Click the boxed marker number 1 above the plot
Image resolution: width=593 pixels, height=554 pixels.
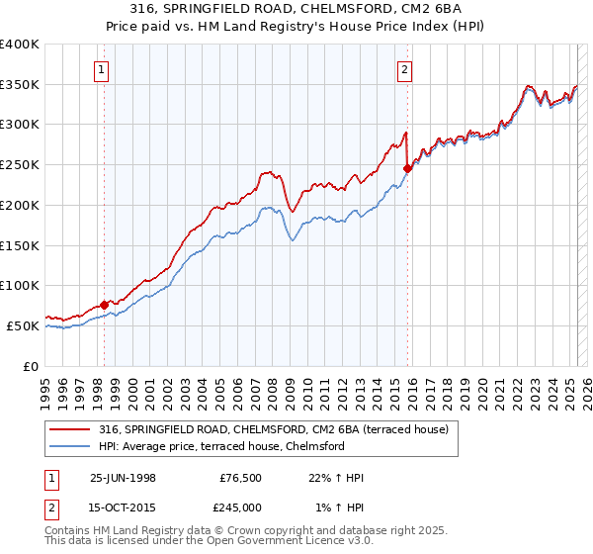(103, 69)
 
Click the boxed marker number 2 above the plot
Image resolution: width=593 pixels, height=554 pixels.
(406, 69)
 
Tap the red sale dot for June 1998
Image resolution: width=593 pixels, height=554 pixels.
(105, 305)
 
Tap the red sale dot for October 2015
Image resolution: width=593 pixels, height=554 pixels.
(407, 169)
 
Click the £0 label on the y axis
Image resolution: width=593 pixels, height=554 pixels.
(31, 365)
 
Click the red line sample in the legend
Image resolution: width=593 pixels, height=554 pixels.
(69, 429)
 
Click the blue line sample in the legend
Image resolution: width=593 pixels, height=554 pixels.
(69, 446)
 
